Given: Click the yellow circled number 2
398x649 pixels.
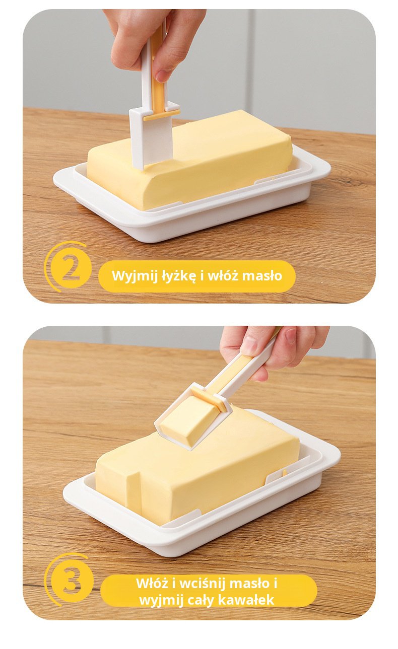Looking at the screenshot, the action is [71, 267].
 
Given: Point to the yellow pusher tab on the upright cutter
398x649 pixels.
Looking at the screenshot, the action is [161, 115].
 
